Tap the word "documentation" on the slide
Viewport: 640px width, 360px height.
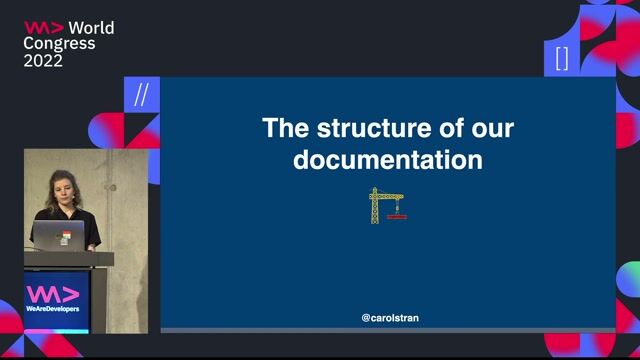pyautogui.click(x=388, y=160)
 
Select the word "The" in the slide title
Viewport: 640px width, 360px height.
pyautogui.click(x=283, y=128)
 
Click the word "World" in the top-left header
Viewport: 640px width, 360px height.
pyautogui.click(x=92, y=28)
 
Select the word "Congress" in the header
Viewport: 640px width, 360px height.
pyautogui.click(x=60, y=44)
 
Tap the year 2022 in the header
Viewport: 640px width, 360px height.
pyautogui.click(x=43, y=61)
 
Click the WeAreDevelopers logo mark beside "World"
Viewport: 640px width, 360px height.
pyautogui.click(x=44, y=28)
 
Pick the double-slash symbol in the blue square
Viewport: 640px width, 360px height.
pyautogui.click(x=141, y=95)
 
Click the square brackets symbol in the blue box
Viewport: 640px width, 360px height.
pyautogui.click(x=562, y=58)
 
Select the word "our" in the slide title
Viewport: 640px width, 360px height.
pyautogui.click(x=491, y=128)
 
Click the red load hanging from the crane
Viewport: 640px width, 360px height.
pyautogui.click(x=396, y=213)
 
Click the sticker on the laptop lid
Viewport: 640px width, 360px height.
pyautogui.click(x=66, y=237)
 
